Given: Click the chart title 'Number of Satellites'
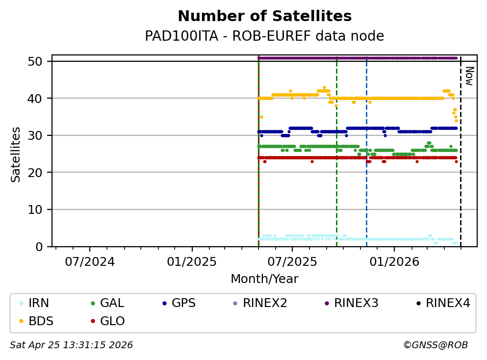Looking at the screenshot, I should tap(264, 17).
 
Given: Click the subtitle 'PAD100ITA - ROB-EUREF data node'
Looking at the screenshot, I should tap(264, 36).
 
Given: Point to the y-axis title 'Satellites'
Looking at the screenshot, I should tap(16, 154).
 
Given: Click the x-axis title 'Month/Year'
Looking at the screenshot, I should tap(264, 279).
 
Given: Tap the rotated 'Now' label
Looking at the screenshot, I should tap(469, 76).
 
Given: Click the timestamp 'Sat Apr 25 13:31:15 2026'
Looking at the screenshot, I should tap(71, 345).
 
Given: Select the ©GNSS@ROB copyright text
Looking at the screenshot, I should tap(436, 345).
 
